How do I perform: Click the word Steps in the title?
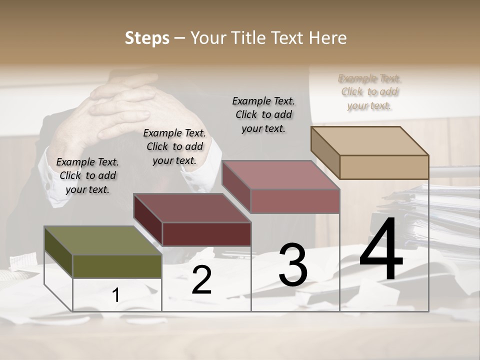click(147, 38)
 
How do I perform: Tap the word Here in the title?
click(326, 38)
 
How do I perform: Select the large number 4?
click(381, 250)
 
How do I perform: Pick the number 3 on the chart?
click(293, 265)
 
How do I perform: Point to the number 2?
click(201, 280)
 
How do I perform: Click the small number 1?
click(116, 295)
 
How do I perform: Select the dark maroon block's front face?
click(206, 234)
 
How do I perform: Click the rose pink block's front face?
click(295, 201)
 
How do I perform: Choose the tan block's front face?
click(384, 167)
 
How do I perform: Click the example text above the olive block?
click(87, 175)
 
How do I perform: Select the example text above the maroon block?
click(174, 146)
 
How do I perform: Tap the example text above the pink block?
click(263, 114)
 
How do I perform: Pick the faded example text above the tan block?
click(369, 91)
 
